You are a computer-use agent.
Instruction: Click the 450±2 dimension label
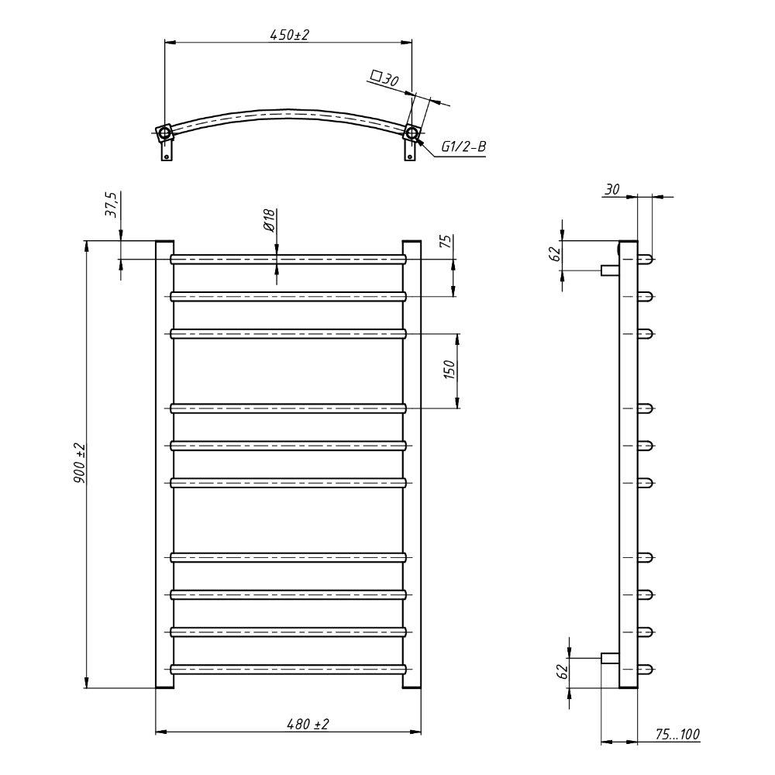(289, 35)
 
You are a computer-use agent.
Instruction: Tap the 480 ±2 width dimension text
(308, 724)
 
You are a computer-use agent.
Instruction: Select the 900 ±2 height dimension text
(80, 463)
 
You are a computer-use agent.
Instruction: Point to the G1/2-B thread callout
(463, 146)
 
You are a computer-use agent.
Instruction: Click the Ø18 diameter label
(269, 220)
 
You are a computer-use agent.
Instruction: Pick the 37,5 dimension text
(112, 205)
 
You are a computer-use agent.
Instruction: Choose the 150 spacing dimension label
(449, 370)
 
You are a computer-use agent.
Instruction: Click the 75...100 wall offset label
(677, 735)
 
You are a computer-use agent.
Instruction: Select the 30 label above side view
(612, 189)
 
